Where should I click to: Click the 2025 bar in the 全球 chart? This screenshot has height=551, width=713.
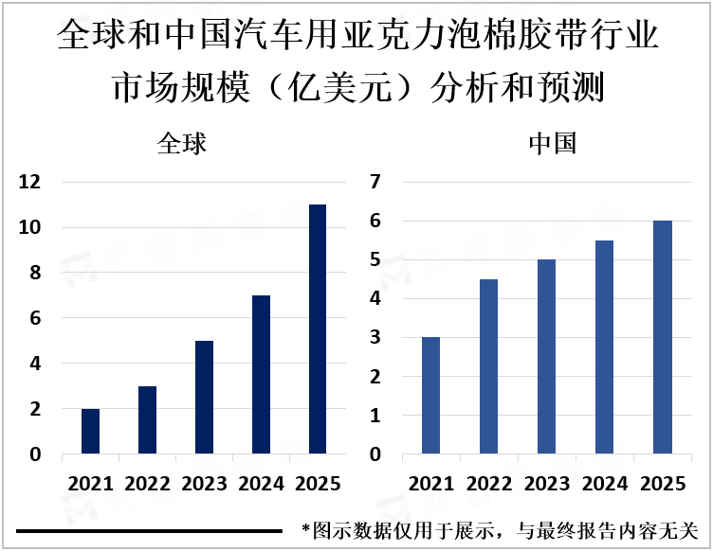point(318,329)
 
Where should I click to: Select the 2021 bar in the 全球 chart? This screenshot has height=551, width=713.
point(90,432)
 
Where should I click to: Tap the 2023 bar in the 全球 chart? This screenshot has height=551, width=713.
point(204,398)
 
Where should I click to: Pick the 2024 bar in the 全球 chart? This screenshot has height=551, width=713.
point(261,375)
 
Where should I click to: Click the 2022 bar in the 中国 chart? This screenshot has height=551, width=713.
point(488,366)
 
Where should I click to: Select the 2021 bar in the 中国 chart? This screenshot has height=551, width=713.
point(431,396)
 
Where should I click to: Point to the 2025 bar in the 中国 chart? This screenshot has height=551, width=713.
point(662,337)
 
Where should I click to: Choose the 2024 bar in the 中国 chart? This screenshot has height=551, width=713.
point(604,347)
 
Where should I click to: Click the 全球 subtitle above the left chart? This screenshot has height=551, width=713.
point(182,144)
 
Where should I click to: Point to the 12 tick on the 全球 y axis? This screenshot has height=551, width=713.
point(29,182)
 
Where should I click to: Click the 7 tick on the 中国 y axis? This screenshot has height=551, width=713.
point(375,182)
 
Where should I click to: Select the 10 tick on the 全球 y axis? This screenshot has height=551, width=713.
point(29,227)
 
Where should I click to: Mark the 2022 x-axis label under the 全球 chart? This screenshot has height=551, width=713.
point(147,484)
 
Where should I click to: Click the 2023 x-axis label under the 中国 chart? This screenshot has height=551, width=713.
point(546,484)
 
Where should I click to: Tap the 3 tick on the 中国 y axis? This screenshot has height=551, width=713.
point(375,338)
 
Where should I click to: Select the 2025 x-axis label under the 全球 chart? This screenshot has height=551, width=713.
point(319,484)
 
